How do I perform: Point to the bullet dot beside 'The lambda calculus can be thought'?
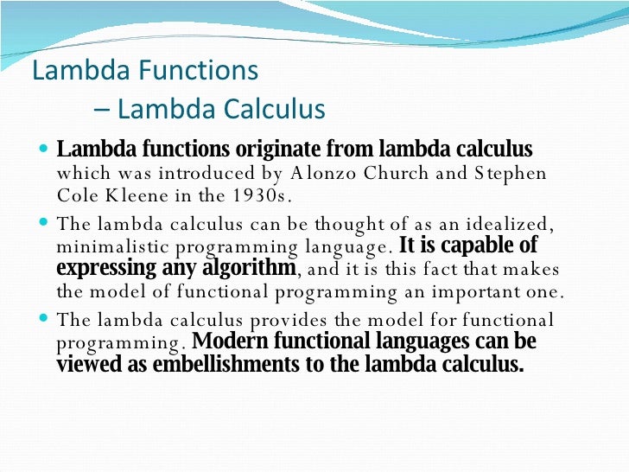pyautogui.click(x=45, y=224)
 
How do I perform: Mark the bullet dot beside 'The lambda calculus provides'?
pyautogui.click(x=45, y=319)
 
